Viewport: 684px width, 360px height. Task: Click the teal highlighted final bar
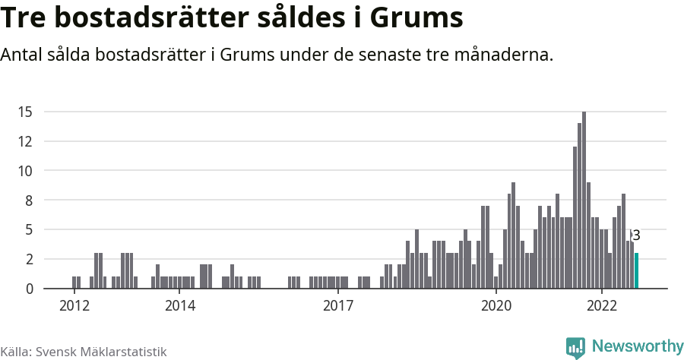tap(637, 270)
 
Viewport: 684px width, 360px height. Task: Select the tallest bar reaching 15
tap(584, 201)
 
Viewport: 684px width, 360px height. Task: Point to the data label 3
tap(636, 236)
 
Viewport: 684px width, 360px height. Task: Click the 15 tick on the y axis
tap(25, 112)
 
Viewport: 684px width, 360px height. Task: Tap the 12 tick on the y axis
tap(25, 141)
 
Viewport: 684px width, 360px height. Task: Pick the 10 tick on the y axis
tap(25, 171)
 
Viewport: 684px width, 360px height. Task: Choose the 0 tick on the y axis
tap(29, 289)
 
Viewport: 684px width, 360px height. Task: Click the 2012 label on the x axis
tap(74, 306)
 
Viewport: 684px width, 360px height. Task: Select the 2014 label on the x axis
tap(179, 306)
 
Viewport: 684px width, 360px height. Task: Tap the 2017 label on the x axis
tap(338, 306)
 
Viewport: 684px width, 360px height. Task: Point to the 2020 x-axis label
tap(496, 306)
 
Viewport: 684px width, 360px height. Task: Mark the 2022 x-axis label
tap(602, 306)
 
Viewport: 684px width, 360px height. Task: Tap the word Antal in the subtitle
tap(24, 55)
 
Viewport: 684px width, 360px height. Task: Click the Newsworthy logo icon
tap(575, 347)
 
